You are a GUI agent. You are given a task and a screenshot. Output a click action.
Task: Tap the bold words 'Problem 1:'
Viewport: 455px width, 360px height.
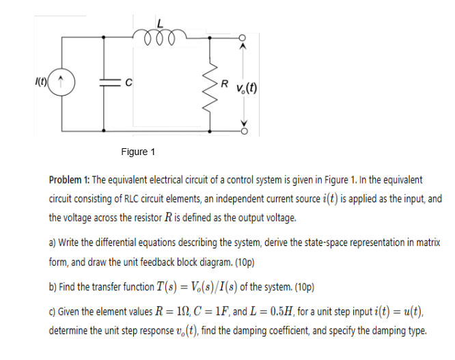point(69,180)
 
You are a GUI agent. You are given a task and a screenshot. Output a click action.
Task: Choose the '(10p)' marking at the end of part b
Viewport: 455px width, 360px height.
point(301,288)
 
